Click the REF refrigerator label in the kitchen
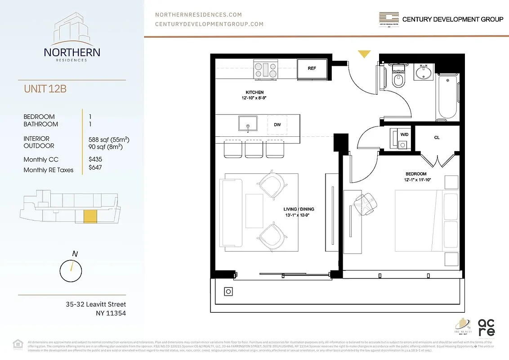point(312,69)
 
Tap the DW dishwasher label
point(277,125)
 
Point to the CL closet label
point(437,138)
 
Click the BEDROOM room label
point(415,174)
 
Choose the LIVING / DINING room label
point(299,209)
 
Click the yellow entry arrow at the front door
point(364,54)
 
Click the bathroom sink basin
point(424,72)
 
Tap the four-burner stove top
point(266,69)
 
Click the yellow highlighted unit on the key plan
point(90,216)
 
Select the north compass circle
point(71,270)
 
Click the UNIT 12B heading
point(45,89)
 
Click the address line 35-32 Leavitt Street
point(96,305)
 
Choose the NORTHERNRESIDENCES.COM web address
point(198,15)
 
